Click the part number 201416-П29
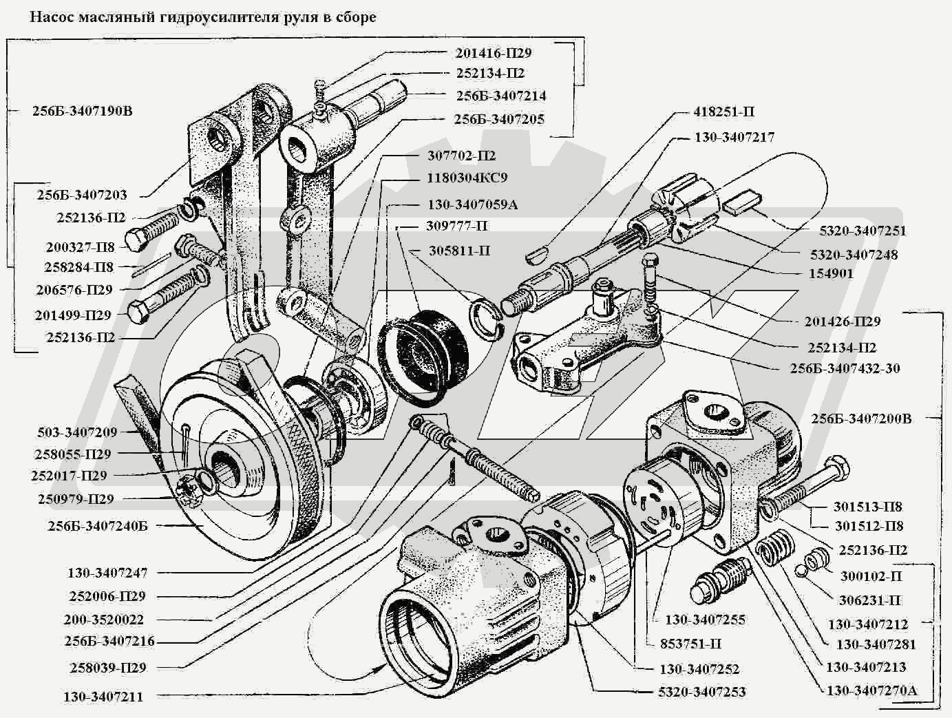(493, 53)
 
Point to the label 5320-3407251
(863, 231)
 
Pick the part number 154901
(831, 273)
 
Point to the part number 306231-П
(870, 600)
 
